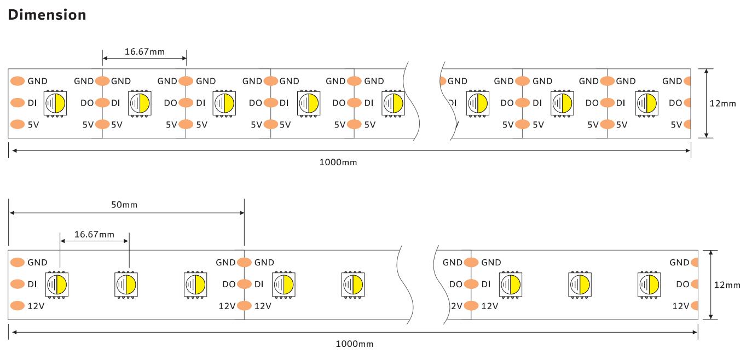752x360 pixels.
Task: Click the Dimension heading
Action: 47,15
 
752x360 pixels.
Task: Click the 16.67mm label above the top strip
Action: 144,52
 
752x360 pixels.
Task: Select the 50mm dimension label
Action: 124,205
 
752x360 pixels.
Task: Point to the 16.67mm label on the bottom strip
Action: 94,235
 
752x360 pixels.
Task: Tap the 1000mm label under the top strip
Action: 338,162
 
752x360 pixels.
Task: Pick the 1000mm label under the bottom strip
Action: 355,344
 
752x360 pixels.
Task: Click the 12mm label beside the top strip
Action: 723,103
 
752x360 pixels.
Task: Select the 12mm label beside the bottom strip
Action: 727,284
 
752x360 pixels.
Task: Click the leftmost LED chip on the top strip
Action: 55,102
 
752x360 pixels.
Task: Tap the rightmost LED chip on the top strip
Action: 646,102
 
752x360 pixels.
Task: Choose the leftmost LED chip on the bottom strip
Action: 56,284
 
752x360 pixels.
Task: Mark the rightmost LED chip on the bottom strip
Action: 649,284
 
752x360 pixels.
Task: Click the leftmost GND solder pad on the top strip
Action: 18,81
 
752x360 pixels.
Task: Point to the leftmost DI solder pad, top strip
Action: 18,102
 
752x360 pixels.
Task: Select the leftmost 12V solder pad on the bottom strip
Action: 18,306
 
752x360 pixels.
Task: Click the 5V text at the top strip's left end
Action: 33,124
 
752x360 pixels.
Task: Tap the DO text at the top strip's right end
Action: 675,102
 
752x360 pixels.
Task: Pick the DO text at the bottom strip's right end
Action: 682,284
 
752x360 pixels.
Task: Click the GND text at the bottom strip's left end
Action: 37,262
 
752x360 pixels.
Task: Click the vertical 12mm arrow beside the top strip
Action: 707,103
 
